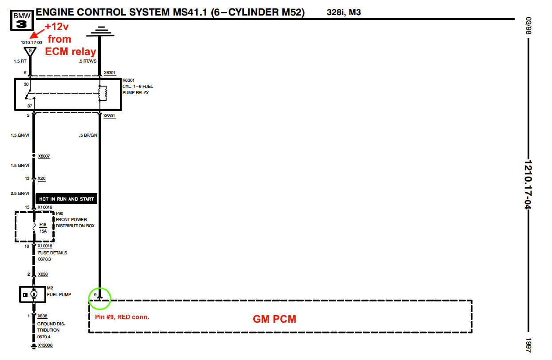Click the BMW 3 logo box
pos(22,20)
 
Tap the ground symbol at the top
pos(99,31)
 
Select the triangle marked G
pos(30,51)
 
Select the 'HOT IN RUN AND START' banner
pos(67,199)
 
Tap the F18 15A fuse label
pos(43,228)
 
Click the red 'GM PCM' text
pos(274,319)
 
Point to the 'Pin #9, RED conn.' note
pos(122,317)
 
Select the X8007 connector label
pos(44,156)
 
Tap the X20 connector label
pos(41,178)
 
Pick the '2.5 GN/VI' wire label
pos(20,194)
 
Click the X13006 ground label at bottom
pos(46,345)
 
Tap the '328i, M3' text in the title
pos(344,12)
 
